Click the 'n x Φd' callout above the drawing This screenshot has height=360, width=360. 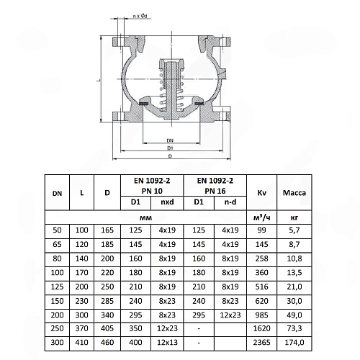click(140, 16)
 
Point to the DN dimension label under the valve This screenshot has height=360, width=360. click(170, 140)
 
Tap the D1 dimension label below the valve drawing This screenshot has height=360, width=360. click(170, 148)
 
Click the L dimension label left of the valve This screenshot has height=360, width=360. click(99, 80)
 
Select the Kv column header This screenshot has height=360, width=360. click(261, 193)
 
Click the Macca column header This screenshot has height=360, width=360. click(294, 193)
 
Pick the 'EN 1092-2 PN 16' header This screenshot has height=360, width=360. click(215, 186)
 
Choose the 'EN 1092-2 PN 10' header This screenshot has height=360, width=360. click(152, 186)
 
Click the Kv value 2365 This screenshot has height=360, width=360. click(261, 342)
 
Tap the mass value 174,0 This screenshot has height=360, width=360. click(294, 342)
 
